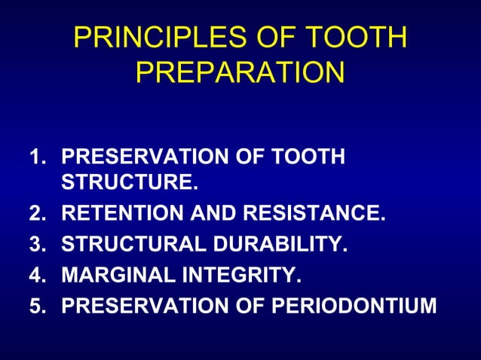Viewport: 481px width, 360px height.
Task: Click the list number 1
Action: coord(36,157)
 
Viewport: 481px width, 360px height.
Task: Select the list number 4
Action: coord(36,276)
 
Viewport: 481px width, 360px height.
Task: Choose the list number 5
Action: coord(36,306)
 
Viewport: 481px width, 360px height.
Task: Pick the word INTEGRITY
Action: coord(237,276)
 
